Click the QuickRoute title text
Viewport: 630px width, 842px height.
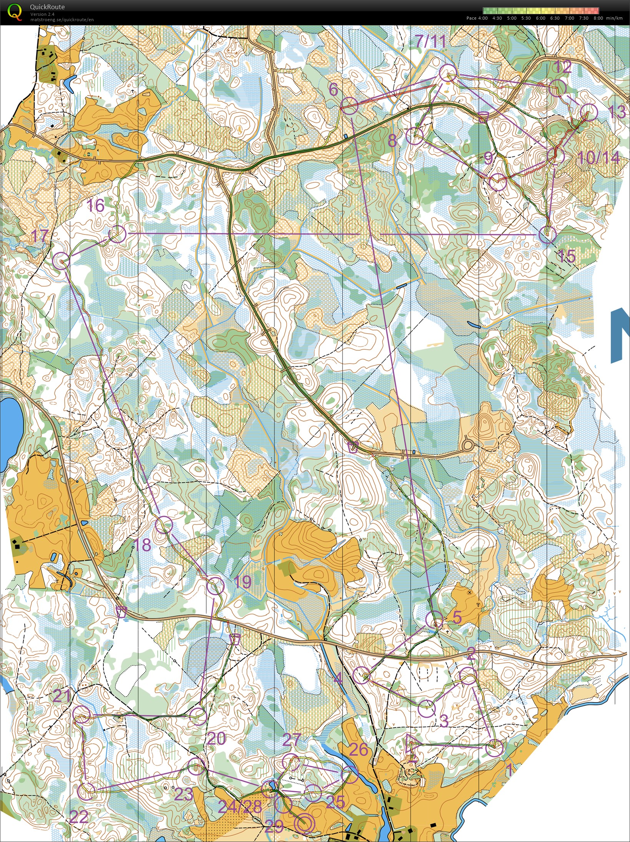47,7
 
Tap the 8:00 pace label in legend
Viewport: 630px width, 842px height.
598,18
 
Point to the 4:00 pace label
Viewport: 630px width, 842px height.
483,18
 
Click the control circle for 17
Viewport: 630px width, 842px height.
61,260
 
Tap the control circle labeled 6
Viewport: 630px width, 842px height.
349,105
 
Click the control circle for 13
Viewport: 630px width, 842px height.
589,112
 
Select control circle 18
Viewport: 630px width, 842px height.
164,525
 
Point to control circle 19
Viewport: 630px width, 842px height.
215,586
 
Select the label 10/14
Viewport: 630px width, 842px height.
598,158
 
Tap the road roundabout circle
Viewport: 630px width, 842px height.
468,446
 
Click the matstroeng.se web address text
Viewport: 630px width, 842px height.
62,20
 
